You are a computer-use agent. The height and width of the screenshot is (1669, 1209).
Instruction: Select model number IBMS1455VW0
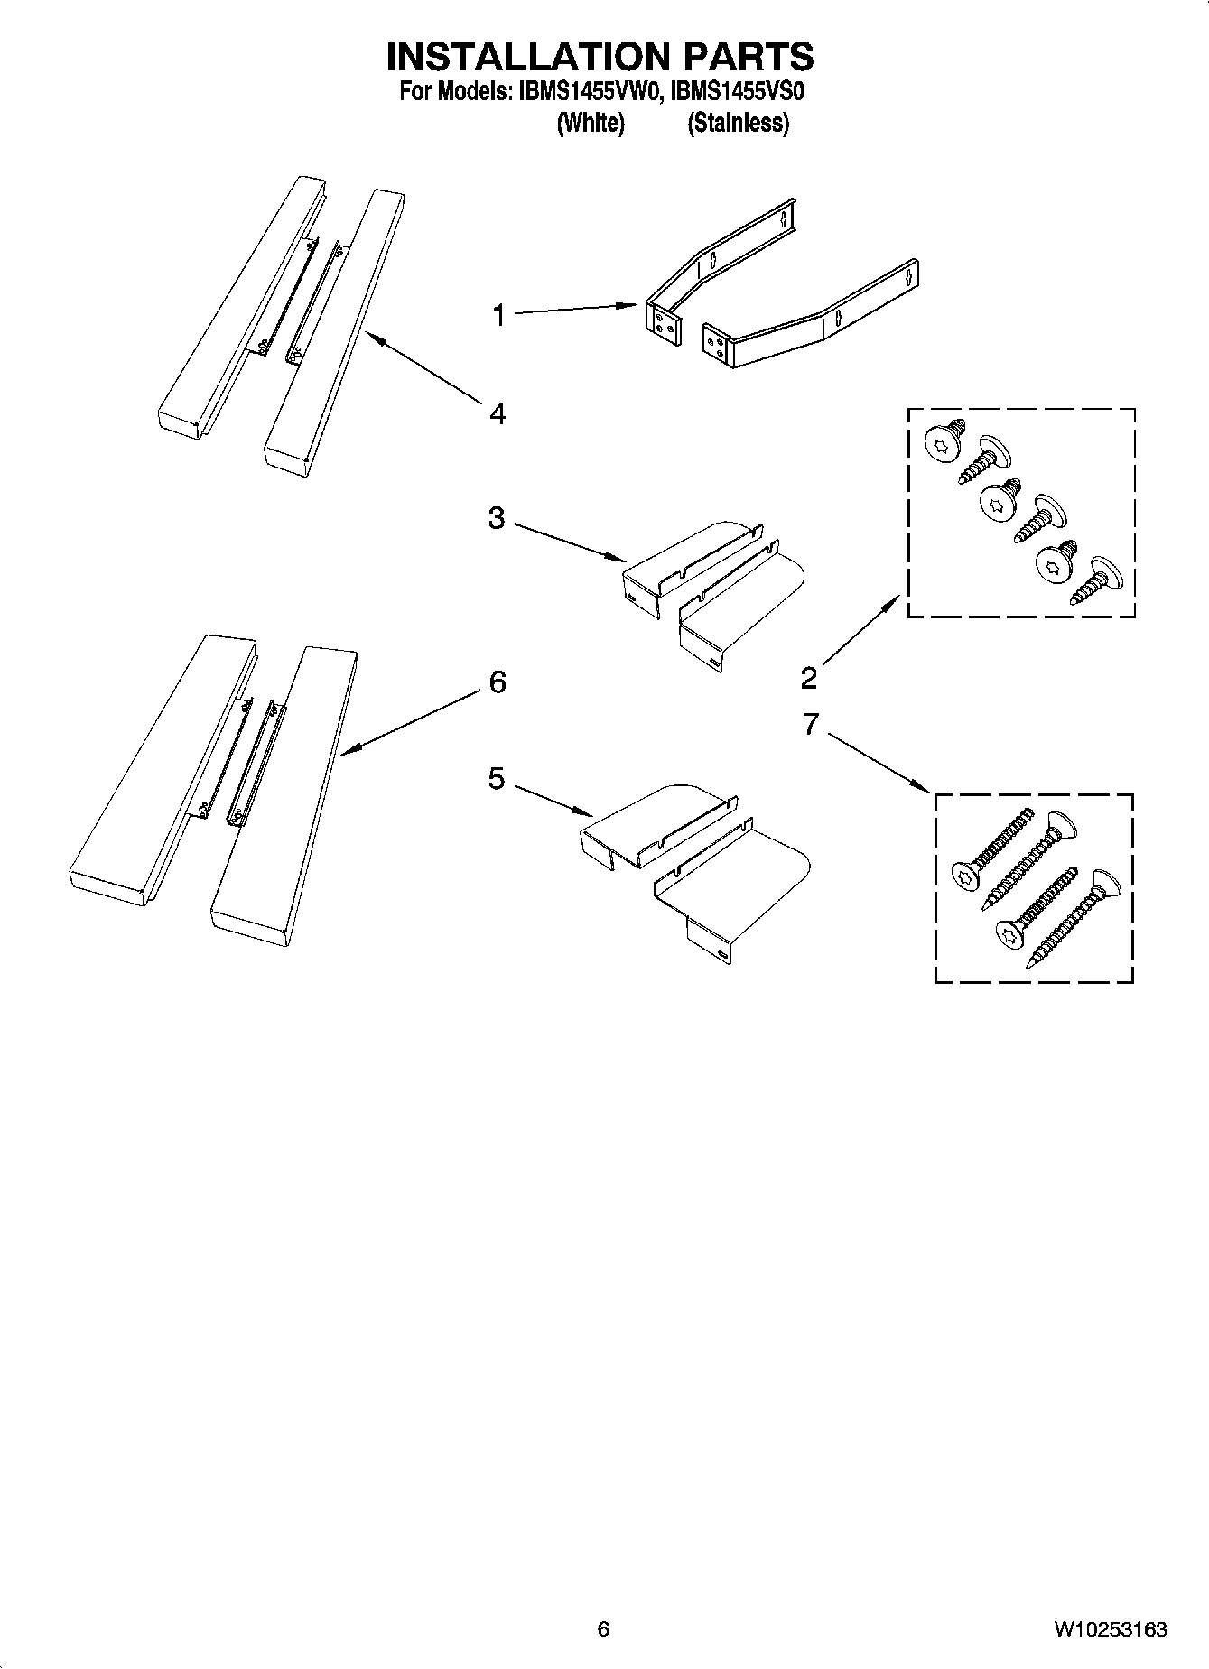coord(590,92)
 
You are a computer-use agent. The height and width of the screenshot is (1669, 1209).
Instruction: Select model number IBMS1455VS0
coord(738,92)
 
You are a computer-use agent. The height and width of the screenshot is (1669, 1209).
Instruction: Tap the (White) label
coord(591,123)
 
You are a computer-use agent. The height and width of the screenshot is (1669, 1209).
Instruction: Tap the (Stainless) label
coord(738,123)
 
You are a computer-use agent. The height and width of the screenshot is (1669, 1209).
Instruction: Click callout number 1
coord(498,316)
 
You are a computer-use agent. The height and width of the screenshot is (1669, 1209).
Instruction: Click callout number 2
coord(808,676)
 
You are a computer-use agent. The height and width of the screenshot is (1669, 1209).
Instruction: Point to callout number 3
coord(496,519)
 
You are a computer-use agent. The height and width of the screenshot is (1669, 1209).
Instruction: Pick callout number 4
coord(497,414)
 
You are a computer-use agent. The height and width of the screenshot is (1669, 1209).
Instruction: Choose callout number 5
coord(497,779)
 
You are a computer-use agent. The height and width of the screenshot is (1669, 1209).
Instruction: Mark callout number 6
coord(497,682)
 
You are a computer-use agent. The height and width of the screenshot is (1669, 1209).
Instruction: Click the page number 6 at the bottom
coord(603,1628)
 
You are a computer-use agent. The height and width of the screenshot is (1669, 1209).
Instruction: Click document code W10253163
coord(1110,1629)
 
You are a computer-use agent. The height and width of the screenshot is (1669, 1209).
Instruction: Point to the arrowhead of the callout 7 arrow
coord(925,790)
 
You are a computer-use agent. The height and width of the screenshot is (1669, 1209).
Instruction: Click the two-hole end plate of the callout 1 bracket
coord(661,322)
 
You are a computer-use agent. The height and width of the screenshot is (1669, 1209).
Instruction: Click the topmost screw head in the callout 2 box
coord(941,444)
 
